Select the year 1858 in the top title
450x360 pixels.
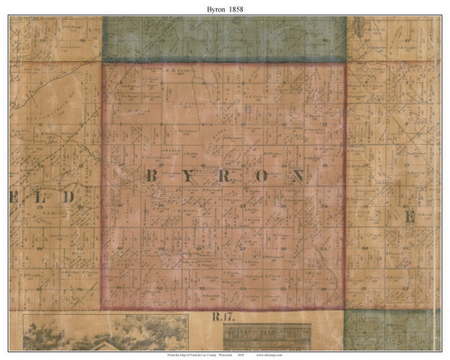(x=238, y=8)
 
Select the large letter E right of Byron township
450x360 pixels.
(x=407, y=217)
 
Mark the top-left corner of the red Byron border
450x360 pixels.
(x=103, y=64)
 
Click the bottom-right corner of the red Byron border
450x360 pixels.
(x=346, y=308)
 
